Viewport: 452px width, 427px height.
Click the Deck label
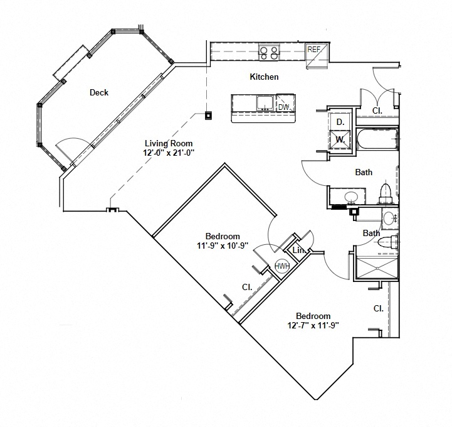coord(99,92)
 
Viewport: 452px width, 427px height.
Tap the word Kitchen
coord(264,77)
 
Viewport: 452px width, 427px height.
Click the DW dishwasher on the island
coord(284,107)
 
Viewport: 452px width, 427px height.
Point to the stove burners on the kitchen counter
coord(269,53)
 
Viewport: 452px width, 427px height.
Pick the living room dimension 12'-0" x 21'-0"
coord(169,152)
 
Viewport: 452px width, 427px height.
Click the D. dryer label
coord(339,121)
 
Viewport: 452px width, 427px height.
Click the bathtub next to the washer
coord(377,139)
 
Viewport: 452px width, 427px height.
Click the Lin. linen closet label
coord(300,251)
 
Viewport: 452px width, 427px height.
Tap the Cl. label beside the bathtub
coord(377,110)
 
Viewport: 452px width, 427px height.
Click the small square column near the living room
coord(208,115)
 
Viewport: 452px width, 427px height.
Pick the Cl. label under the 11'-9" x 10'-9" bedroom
coord(247,286)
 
